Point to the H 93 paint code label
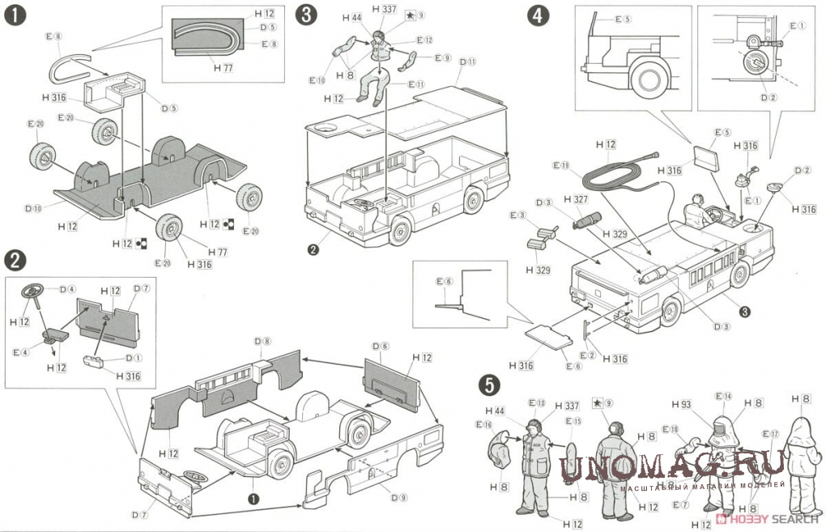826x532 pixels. [680, 404]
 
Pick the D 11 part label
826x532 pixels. [467, 62]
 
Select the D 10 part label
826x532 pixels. [33, 208]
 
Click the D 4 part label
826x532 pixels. [67, 288]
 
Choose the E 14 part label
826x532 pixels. [722, 396]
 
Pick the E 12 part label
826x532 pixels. [424, 40]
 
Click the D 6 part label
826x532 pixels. [381, 346]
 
